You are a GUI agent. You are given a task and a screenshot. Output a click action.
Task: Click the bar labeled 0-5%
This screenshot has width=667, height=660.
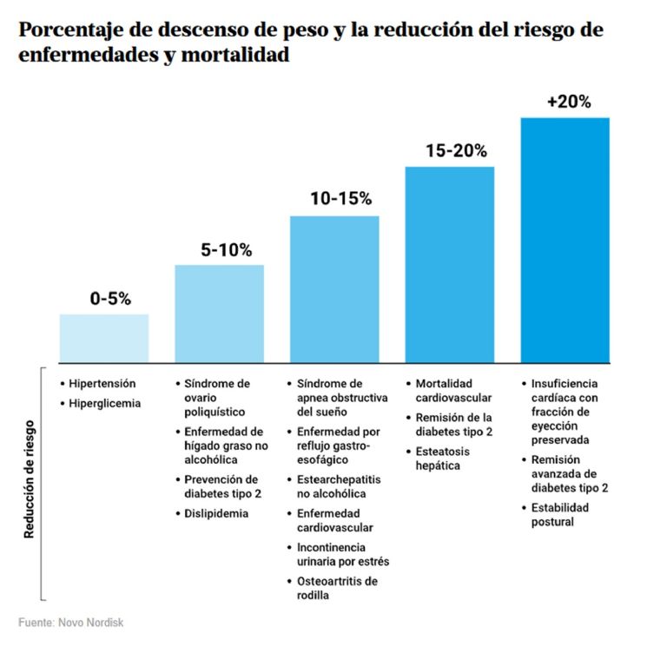pyautogui.click(x=103, y=338)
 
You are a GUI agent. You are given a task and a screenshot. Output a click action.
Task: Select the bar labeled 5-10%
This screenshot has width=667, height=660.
pyautogui.click(x=219, y=313)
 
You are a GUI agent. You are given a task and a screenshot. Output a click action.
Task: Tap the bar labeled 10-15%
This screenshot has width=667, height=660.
pyautogui.click(x=334, y=288)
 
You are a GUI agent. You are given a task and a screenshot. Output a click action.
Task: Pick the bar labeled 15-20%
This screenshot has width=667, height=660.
pyautogui.click(x=450, y=264)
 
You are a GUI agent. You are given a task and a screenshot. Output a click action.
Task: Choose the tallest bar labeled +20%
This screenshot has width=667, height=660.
pyautogui.click(x=565, y=240)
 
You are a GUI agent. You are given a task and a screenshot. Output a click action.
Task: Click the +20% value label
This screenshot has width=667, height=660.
pyautogui.click(x=569, y=102)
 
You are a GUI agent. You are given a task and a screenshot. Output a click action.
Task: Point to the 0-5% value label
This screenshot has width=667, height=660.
pyautogui.click(x=110, y=299)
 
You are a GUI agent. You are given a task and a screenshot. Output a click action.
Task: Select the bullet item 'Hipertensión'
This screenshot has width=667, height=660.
pyautogui.click(x=102, y=383)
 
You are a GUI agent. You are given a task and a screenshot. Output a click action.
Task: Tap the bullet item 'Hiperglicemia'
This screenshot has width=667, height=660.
pyautogui.click(x=104, y=403)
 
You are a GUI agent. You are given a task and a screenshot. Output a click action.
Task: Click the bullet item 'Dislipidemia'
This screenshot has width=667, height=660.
pyautogui.click(x=215, y=513)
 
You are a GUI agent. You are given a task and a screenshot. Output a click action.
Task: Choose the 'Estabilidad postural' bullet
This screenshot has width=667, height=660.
pyautogui.click(x=559, y=514)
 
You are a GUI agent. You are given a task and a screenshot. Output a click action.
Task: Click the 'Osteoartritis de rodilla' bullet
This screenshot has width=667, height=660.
pyautogui.click(x=337, y=588)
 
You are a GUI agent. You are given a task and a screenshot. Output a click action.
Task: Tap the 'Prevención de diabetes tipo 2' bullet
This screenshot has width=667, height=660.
pyautogui.click(x=221, y=486)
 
